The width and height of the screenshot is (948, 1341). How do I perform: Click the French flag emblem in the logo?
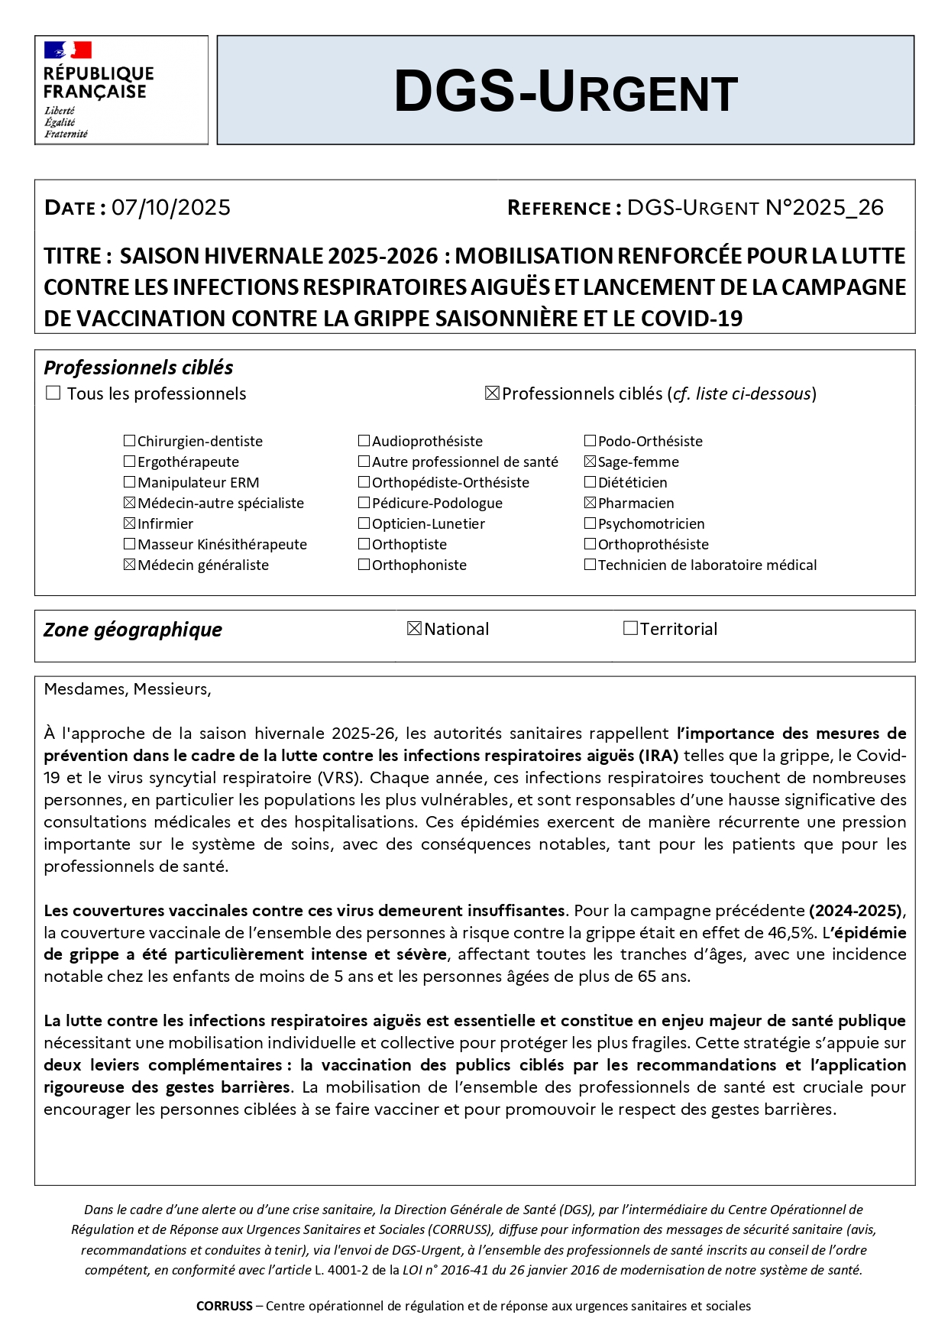68,50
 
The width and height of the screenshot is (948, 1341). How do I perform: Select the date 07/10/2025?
171,208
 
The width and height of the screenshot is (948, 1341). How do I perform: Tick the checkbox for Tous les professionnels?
53,394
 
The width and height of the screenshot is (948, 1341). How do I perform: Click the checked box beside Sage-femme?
590,462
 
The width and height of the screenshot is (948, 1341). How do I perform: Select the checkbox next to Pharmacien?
590,503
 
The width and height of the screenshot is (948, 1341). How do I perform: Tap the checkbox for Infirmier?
130,523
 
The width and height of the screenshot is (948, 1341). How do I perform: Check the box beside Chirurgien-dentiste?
130,441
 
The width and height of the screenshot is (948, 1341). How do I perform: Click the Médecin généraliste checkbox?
130,565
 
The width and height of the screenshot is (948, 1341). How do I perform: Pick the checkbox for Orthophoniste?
364,565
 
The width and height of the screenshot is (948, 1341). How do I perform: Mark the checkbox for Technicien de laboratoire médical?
590,565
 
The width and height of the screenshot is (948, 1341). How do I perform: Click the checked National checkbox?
415,629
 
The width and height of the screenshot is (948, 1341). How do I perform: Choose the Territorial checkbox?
630,629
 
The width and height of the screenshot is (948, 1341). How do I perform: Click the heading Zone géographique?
133,630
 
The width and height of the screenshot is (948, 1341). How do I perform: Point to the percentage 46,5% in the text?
791,933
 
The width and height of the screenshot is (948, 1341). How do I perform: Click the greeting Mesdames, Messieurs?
128,689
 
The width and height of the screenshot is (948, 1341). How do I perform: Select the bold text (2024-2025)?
856,911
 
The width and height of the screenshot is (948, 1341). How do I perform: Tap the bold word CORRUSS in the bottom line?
224,1306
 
